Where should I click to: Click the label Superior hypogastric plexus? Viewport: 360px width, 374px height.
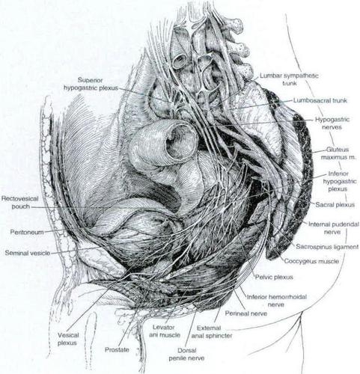(91, 84)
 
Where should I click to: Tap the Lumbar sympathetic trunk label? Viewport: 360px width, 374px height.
(289, 79)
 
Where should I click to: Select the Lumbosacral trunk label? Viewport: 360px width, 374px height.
(320, 100)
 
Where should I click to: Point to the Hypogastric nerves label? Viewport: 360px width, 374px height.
(332, 123)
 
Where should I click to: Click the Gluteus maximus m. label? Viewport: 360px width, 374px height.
(338, 153)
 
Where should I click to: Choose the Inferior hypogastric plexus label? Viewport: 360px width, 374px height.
(340, 181)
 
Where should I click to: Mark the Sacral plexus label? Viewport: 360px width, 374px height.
(335, 205)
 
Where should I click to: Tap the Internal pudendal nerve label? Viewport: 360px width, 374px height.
(334, 228)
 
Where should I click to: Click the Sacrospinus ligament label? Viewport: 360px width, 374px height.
(327, 247)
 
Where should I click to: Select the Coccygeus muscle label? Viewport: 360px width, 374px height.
(311, 261)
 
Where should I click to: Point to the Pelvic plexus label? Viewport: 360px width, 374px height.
(274, 277)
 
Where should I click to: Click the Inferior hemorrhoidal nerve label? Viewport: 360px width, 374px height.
(277, 301)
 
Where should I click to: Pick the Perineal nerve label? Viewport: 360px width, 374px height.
(246, 313)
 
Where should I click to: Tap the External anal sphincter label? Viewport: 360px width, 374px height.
(212, 332)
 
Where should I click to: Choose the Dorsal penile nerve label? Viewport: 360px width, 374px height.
(186, 355)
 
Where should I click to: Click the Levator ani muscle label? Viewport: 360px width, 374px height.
(165, 331)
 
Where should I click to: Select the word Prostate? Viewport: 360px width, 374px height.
(117, 350)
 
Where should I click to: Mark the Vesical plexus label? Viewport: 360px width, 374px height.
(67, 339)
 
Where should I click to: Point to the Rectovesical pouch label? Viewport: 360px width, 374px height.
(19, 203)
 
